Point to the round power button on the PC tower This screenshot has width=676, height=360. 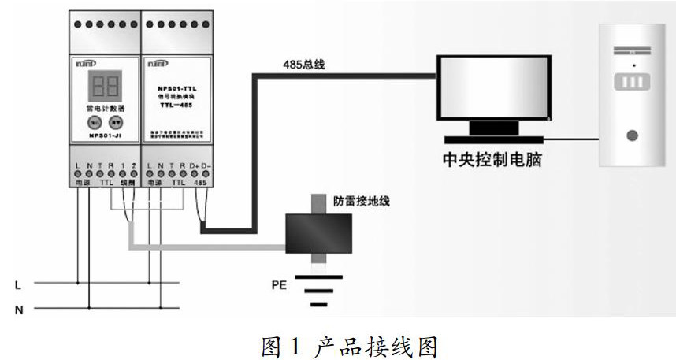click(x=631, y=135)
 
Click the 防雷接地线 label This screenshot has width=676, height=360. click(x=362, y=202)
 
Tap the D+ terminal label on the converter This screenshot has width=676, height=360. click(x=194, y=167)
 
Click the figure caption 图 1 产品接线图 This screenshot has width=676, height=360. click(x=338, y=344)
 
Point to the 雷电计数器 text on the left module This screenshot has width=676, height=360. click(x=106, y=107)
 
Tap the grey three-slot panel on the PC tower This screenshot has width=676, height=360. click(x=630, y=81)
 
